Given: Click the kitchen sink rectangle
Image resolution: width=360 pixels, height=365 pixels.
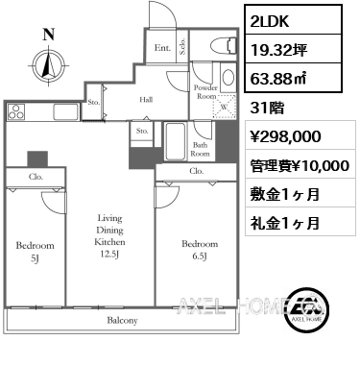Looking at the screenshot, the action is click(66, 111).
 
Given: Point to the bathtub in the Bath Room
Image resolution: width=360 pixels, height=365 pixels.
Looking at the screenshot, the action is click(175, 141).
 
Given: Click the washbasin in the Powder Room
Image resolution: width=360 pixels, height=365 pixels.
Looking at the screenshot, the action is click(228, 77).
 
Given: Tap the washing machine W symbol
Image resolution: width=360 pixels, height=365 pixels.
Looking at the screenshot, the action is click(224, 107).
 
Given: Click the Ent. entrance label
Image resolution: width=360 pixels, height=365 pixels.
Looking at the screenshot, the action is click(162, 48).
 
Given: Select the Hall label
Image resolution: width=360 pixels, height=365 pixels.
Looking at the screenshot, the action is click(146, 100).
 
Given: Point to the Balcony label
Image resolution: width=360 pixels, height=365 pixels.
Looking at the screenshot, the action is click(122, 320).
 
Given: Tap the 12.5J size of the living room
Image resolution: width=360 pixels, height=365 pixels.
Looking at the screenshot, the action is click(109, 254).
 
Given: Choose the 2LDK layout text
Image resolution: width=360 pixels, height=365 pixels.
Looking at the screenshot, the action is click(270, 21).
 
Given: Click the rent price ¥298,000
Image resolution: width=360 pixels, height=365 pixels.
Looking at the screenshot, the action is click(285, 136).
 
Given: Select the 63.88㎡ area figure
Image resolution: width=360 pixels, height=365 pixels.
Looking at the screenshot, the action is click(278, 79).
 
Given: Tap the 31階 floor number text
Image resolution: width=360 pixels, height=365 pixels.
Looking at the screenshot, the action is click(267, 108).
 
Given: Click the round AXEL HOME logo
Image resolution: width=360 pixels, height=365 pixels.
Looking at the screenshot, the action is click(307, 308).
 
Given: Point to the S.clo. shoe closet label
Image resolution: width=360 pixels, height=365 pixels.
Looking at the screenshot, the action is click(182, 47).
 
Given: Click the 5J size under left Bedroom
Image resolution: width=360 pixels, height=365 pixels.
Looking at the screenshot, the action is click(35, 258).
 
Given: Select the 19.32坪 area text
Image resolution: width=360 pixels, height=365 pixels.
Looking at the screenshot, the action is click(278, 50).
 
